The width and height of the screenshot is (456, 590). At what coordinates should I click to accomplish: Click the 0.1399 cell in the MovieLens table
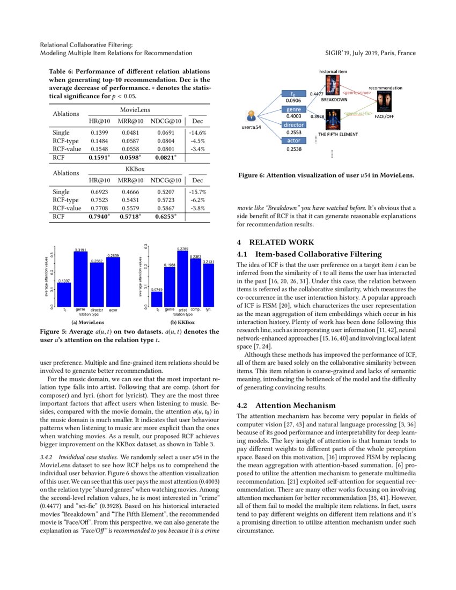tap(99, 132)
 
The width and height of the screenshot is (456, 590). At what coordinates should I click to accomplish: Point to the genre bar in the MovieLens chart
tap(80, 279)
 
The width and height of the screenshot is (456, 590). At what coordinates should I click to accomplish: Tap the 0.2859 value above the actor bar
tap(113, 255)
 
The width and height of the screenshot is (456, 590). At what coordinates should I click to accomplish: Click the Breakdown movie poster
tap(332, 85)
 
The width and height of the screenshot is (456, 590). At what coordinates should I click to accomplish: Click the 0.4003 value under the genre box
tap(293, 116)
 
